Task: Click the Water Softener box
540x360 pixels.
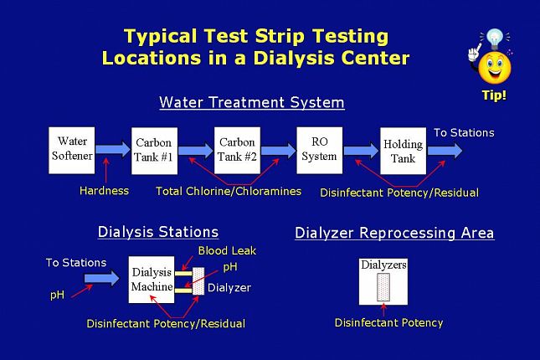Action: click(72, 149)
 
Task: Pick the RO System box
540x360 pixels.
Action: click(319, 149)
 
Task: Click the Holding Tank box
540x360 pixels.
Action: click(403, 151)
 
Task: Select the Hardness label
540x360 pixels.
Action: click(104, 190)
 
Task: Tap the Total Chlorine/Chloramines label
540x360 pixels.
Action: click(228, 191)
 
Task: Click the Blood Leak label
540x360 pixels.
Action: click(227, 250)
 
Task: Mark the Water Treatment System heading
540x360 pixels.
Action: click(251, 103)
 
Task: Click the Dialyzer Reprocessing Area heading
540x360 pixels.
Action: click(394, 233)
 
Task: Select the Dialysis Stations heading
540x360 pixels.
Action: click(158, 232)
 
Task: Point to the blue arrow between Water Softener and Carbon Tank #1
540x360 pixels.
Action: click(112, 149)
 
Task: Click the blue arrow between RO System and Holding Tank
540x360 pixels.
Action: click(361, 150)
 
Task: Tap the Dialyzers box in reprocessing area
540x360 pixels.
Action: click(383, 281)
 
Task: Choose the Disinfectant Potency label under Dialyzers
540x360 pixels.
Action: click(388, 322)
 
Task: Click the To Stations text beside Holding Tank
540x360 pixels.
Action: click(463, 132)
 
